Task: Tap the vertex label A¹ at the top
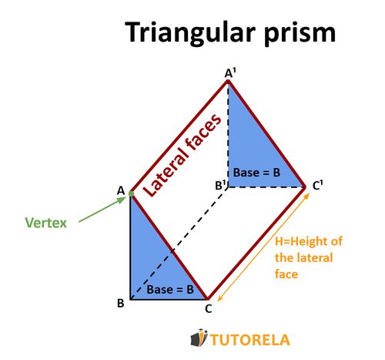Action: [229, 72]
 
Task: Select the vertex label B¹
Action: [220, 186]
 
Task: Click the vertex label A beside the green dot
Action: [121, 190]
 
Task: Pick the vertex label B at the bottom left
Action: [121, 303]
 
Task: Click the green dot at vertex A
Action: [131, 193]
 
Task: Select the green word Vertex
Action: [46, 223]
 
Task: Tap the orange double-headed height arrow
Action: [262, 247]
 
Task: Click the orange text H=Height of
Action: [308, 241]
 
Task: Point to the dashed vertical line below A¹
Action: [228, 131]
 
